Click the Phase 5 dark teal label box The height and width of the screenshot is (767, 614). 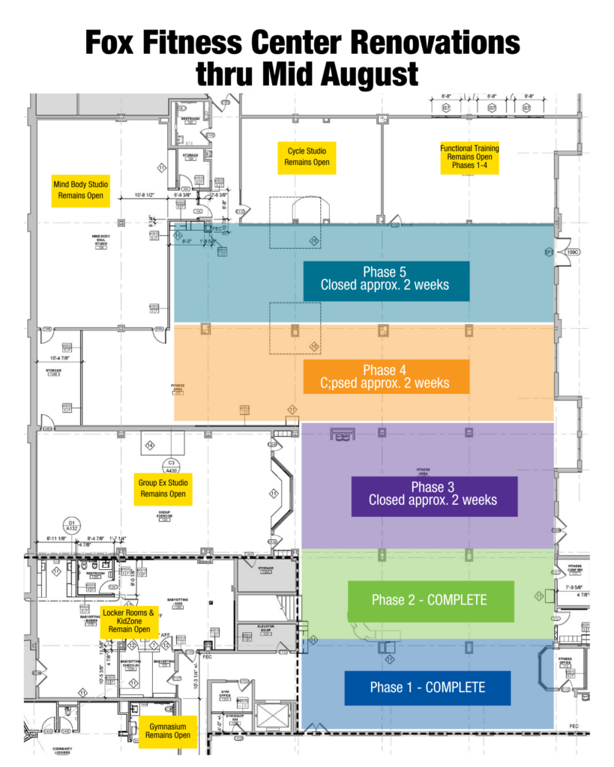pos(386,281)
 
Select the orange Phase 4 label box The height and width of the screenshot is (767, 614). pos(386,376)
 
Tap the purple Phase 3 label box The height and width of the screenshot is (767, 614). pos(434,496)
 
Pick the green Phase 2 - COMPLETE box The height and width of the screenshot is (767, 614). pos(430,601)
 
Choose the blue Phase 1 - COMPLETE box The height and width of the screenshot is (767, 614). pos(427,688)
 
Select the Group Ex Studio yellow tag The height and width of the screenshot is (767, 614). pos(163,488)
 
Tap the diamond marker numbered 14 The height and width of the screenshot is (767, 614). pos(149,446)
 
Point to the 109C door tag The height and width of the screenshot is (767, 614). pos(572,253)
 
